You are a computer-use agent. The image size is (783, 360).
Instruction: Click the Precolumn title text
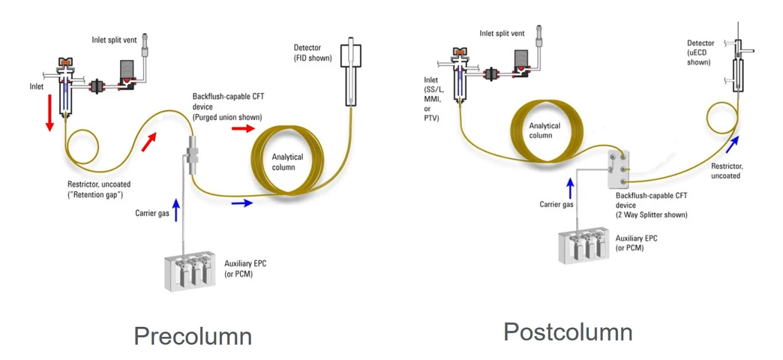[192, 335]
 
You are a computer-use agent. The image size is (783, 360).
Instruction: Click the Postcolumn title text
[567, 331]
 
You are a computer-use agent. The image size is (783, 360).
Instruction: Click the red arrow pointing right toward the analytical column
[241, 128]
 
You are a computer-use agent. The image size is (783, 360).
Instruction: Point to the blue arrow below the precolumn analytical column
[242, 202]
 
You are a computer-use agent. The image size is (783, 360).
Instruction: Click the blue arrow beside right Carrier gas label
[571, 185]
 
